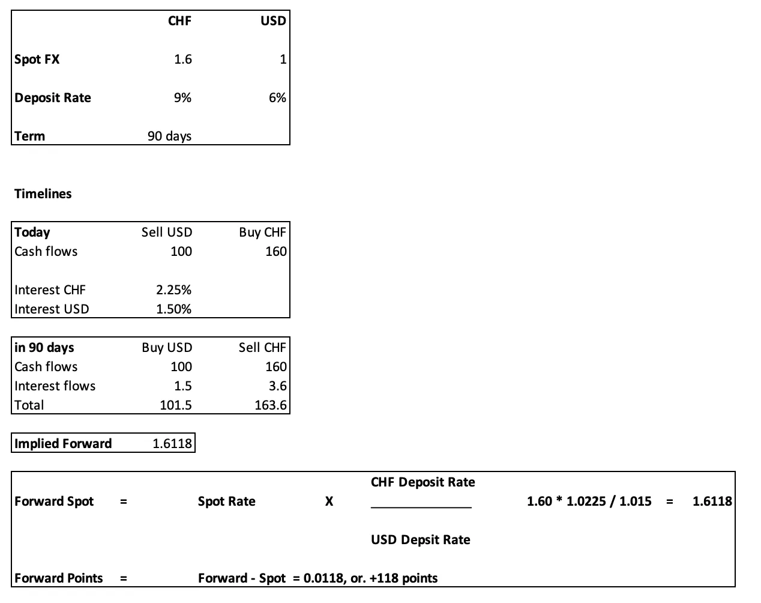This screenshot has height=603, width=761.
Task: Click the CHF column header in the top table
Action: pos(179,21)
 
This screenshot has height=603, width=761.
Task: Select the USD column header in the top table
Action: pos(273,21)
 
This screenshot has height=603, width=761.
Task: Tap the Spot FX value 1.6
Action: pos(182,59)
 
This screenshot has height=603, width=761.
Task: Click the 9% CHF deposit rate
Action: pos(182,98)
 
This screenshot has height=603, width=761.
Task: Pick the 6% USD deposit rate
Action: pos(277,98)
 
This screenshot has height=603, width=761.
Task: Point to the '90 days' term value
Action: pos(169,136)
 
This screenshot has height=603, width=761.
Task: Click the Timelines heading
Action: pos(43,194)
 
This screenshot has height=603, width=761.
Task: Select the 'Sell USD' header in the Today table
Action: pos(166,232)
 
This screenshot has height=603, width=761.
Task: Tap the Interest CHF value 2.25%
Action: pos(173,290)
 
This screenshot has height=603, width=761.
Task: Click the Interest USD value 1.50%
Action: pos(173,309)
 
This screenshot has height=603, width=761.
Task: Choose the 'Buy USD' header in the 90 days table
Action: pos(167,348)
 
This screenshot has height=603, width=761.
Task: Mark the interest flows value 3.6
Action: pos(277,386)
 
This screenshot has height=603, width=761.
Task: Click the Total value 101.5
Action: pos(175,405)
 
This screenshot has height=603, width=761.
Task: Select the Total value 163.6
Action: pos(270,405)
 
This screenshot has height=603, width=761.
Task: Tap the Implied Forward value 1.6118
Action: pos(172,444)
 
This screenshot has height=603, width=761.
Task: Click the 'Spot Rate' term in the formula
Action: pos(226,501)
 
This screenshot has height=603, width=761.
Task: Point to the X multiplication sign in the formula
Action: pos(329,501)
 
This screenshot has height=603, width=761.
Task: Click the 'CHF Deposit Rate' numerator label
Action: pos(423,482)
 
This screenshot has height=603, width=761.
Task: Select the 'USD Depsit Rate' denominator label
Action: pos(420,540)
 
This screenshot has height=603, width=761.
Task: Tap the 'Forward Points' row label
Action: pos(58,578)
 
